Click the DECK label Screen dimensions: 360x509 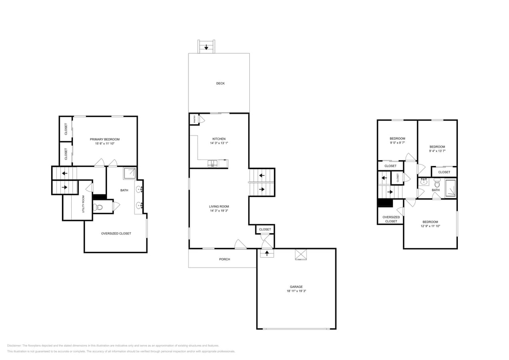pos(220,84)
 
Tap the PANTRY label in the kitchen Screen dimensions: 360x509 pos(194,119)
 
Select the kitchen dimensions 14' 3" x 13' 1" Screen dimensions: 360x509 pos(219,143)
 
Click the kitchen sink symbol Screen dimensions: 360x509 pos(212,163)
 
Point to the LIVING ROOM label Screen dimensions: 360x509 pos(219,206)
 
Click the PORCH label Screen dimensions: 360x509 pos(224,259)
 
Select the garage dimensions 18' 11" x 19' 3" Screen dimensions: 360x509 pos(296,291)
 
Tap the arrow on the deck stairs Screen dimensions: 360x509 pos(206,47)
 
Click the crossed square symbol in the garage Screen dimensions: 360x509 pos(301,254)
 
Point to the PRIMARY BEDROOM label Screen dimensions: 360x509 pos(104,139)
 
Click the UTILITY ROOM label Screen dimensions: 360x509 pos(84,204)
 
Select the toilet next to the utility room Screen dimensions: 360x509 pos(98,207)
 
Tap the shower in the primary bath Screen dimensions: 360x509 pos(129,173)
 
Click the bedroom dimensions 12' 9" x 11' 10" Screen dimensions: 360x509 pos(430,226)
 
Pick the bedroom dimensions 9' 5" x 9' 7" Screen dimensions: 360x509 pos(397,143)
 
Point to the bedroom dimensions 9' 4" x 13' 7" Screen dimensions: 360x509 pos(437,151)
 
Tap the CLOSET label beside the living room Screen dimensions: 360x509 pos(265,230)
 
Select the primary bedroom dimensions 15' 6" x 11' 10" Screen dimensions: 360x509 pos(104,144)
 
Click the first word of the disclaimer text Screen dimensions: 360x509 pos(14,346)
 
